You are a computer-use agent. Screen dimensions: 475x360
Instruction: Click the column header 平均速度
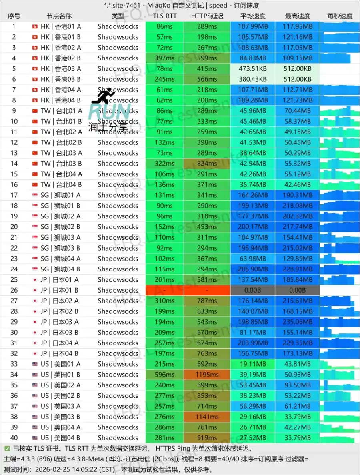(x=253, y=16)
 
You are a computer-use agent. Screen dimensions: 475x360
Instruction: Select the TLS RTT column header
(x=165, y=16)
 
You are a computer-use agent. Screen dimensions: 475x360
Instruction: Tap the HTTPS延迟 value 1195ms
(x=207, y=375)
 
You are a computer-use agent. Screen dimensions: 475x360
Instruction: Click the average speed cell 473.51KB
(x=253, y=68)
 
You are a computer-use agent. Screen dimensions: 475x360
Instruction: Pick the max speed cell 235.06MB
(x=298, y=322)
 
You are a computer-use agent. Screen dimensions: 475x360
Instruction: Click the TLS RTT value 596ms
(x=165, y=375)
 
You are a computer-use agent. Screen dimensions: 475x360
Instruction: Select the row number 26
(x=14, y=290)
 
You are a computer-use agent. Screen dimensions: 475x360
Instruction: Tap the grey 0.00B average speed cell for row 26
(x=253, y=290)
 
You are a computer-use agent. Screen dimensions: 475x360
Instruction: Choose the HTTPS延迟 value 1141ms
(x=207, y=417)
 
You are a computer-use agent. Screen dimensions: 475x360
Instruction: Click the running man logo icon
(x=103, y=96)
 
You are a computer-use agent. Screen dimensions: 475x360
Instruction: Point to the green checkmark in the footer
(x=7, y=449)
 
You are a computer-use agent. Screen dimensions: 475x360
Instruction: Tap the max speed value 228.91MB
(x=298, y=269)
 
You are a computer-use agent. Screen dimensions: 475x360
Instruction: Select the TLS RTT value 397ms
(x=165, y=58)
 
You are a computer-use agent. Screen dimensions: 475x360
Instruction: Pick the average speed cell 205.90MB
(x=253, y=269)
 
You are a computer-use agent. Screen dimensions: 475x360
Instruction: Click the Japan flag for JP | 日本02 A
(x=35, y=301)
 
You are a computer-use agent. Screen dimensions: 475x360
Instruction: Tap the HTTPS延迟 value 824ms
(x=207, y=164)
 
